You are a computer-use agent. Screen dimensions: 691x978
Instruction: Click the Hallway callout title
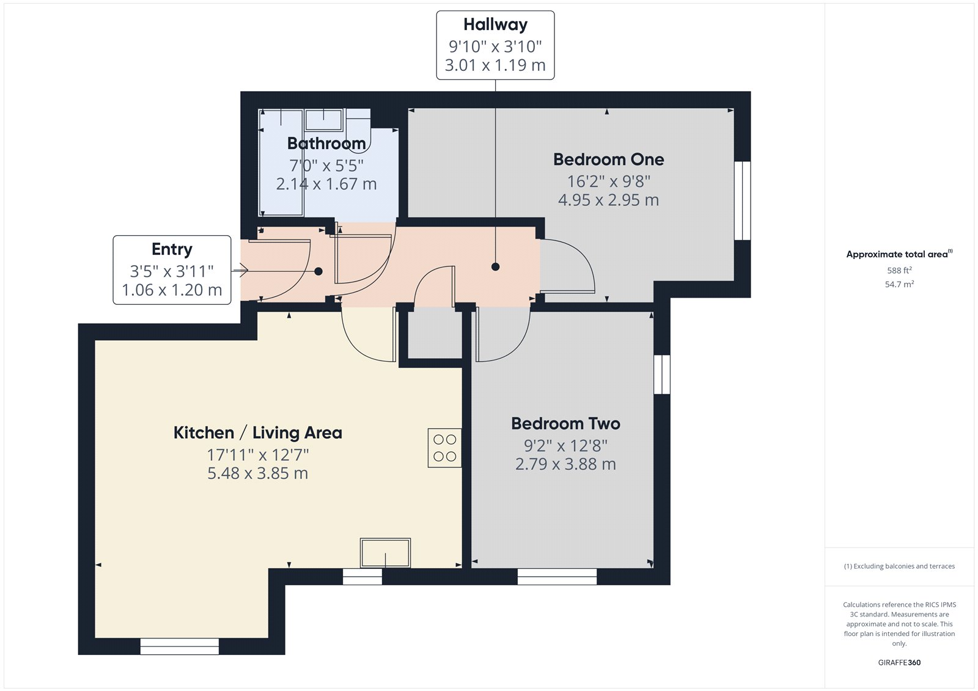[495, 24]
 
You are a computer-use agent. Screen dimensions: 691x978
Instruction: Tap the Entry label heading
[172, 249]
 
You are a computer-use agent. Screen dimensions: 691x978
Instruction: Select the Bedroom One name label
[608, 159]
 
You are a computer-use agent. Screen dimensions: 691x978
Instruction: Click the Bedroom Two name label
[565, 424]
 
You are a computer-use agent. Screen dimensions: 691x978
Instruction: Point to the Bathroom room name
[326, 144]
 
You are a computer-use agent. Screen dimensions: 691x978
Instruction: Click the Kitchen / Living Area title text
[257, 433]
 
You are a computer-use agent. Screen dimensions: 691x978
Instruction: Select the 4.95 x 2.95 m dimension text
[608, 200]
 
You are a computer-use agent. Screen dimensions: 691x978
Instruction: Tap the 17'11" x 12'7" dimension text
[257, 455]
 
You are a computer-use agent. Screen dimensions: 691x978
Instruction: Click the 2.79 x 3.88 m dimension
[565, 464]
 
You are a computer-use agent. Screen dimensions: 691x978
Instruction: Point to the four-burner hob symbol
[444, 448]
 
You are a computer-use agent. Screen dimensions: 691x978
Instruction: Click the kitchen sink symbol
[385, 553]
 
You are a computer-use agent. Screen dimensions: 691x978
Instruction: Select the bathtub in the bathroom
[281, 163]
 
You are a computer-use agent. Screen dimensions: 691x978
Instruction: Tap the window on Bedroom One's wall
[742, 200]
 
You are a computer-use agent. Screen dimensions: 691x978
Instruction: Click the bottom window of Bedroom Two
[557, 577]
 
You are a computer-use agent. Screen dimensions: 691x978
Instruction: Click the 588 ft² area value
[899, 271]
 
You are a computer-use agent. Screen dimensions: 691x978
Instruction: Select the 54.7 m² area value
[899, 285]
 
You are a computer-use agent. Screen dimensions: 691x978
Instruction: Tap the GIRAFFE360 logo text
[899, 662]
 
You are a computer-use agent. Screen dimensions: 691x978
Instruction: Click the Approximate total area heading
[898, 254]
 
